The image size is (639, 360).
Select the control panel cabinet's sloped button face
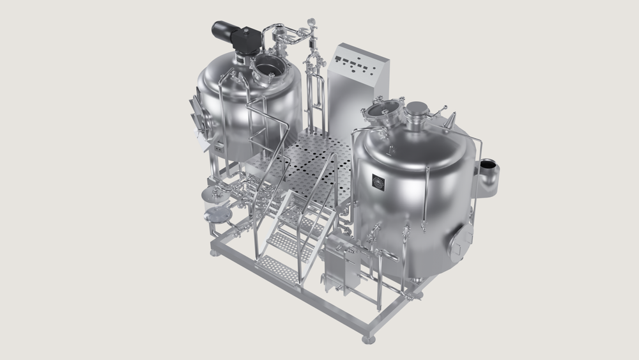[358, 65]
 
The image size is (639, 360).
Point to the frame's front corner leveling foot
[369, 338]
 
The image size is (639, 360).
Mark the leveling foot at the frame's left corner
[213, 252]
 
